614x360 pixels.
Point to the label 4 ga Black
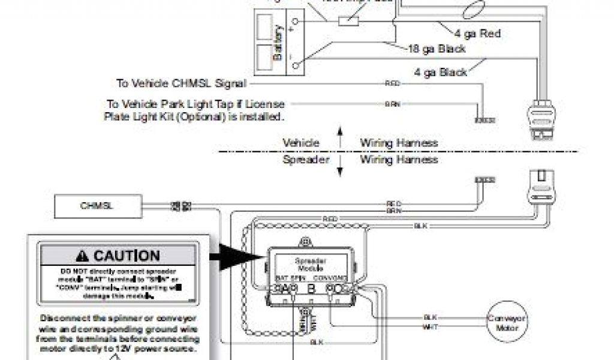441,72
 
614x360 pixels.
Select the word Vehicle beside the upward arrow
301,143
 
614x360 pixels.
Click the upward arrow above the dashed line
340,136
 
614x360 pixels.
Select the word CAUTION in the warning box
127,256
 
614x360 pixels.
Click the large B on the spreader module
311,288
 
